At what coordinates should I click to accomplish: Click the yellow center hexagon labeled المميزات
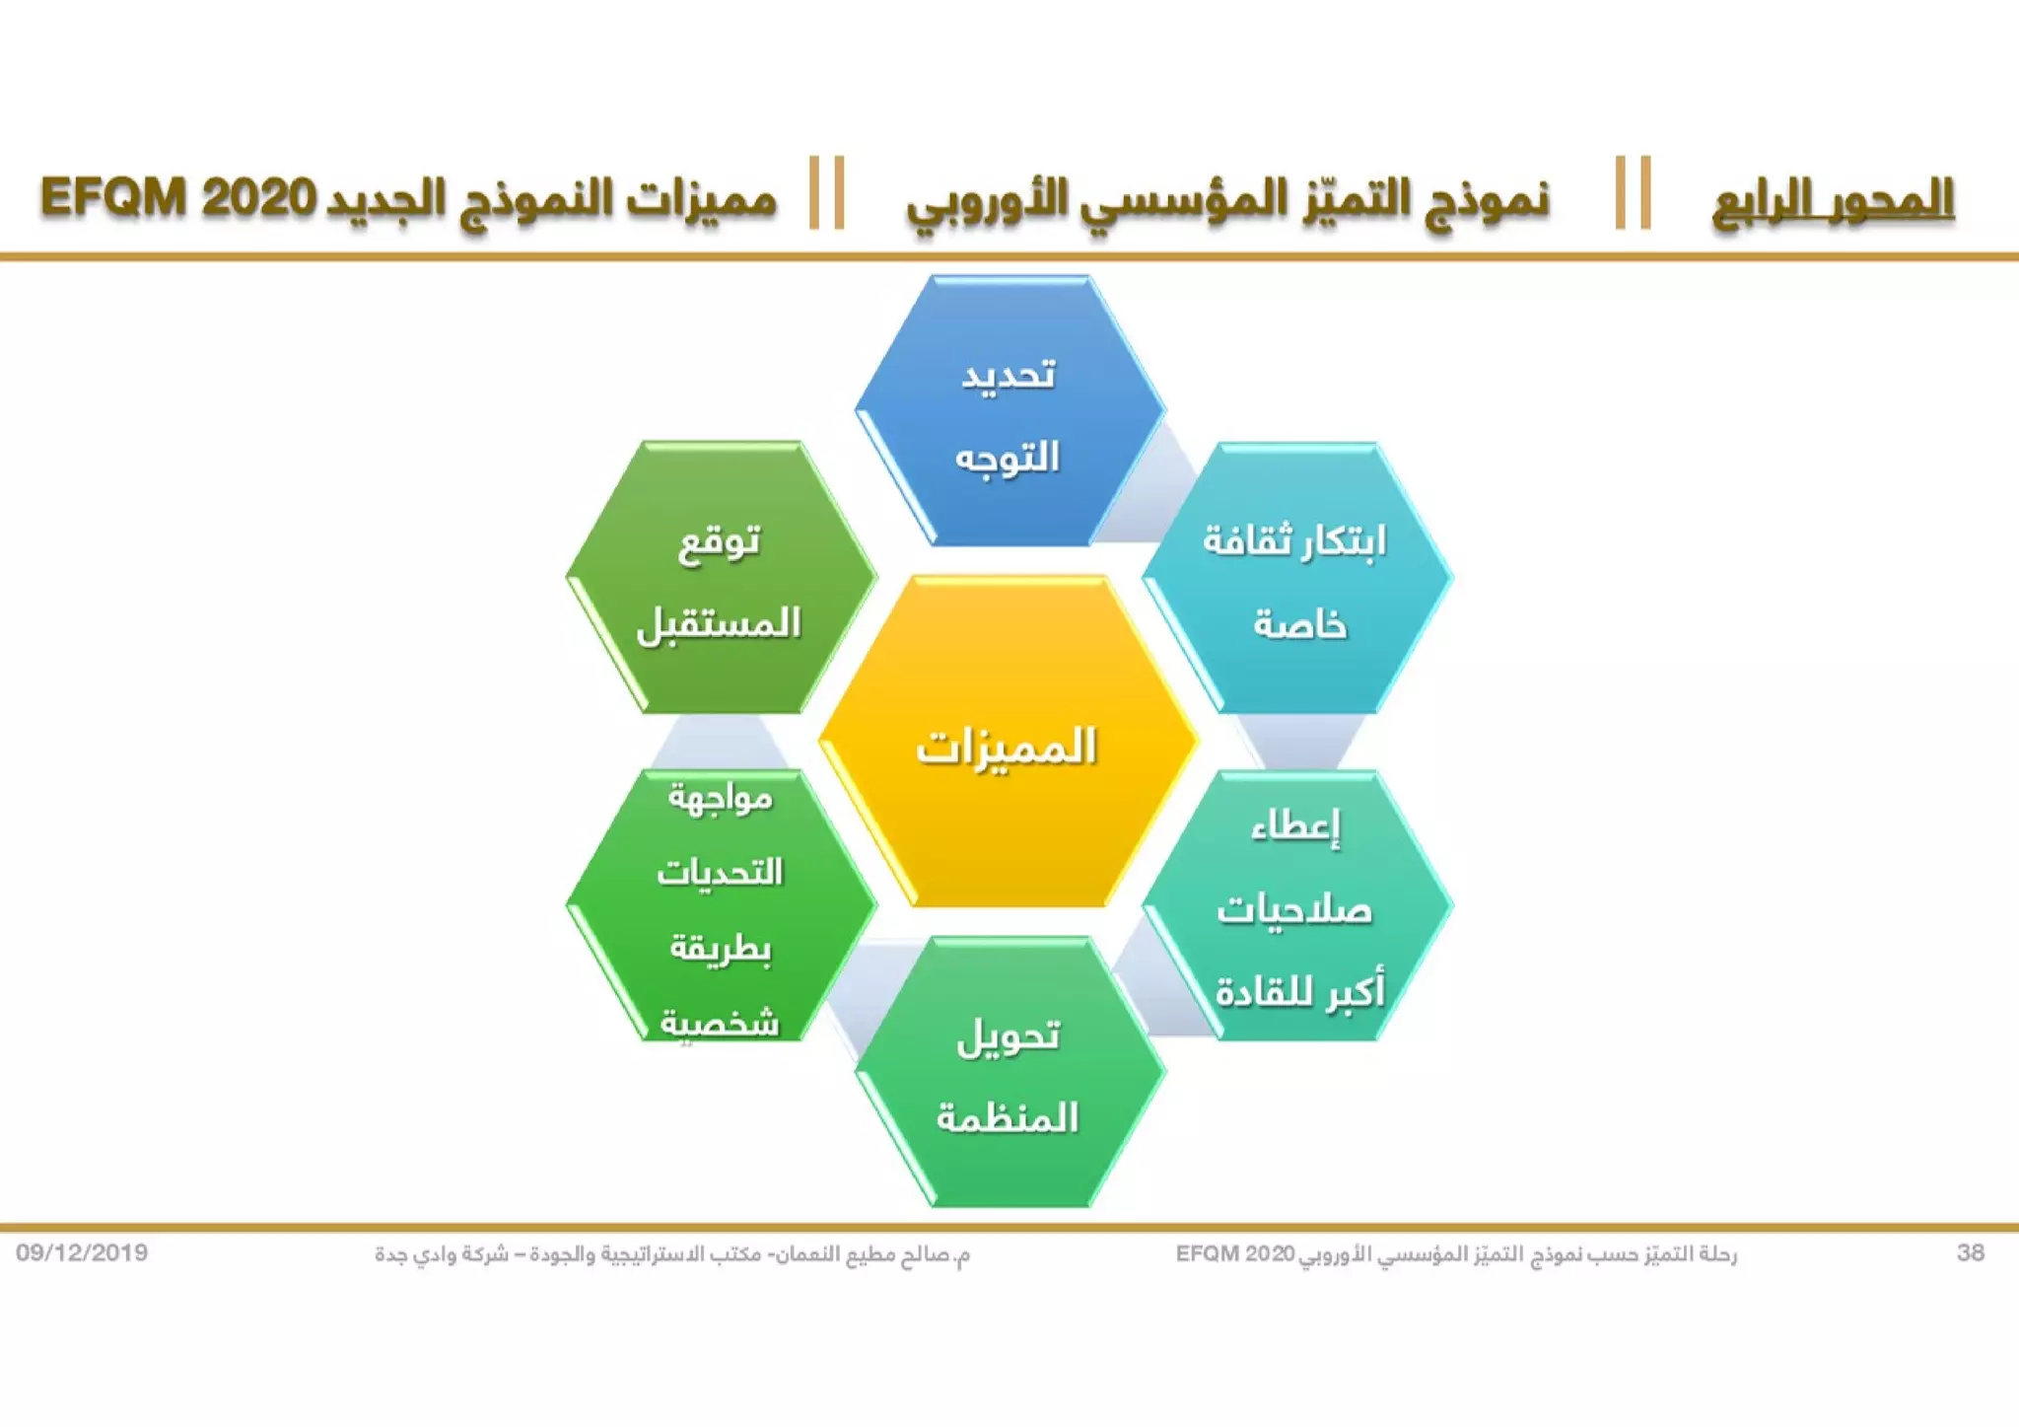(1008, 747)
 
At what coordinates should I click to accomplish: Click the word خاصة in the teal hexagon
(1299, 624)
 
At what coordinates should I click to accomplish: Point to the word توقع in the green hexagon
(720, 541)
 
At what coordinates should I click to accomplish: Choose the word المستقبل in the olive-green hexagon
(720, 624)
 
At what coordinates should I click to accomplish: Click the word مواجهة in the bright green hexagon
(721, 797)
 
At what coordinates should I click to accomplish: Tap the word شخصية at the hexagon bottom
(720, 1022)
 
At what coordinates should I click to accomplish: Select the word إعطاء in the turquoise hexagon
(1296, 826)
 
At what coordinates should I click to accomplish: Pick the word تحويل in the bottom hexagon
(1009, 1035)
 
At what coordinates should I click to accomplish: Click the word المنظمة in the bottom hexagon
(1009, 1117)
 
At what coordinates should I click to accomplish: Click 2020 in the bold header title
(259, 198)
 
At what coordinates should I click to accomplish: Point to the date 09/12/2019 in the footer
(82, 1252)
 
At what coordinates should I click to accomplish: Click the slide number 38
(1970, 1252)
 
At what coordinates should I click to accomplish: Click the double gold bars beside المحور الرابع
(1633, 193)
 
